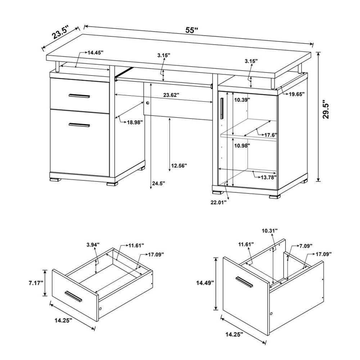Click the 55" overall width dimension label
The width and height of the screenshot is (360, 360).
click(x=192, y=30)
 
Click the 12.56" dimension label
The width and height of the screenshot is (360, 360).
click(x=179, y=166)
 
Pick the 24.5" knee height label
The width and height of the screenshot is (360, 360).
click(x=158, y=183)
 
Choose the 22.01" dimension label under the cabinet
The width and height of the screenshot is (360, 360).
click(x=218, y=202)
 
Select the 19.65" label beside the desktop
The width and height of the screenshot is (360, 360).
click(x=296, y=94)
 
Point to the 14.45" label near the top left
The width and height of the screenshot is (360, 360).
click(x=95, y=52)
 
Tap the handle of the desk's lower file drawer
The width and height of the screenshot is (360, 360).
click(x=79, y=125)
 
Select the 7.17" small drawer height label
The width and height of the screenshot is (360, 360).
click(x=36, y=283)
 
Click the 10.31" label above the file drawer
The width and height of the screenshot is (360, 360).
click(x=270, y=230)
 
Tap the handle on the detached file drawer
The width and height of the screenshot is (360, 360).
click(x=244, y=283)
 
